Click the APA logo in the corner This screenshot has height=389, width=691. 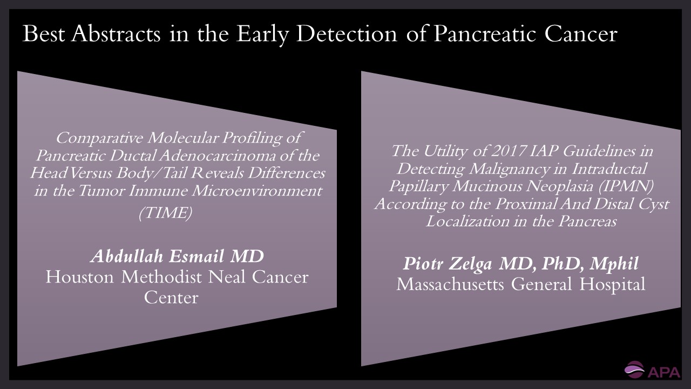652,370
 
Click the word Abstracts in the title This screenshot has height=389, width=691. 116,33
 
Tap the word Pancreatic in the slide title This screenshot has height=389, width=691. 485,33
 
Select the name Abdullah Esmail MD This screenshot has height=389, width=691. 178,256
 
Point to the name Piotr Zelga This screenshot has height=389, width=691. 448,263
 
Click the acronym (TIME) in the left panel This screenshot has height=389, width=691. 166,212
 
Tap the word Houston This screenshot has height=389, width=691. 80,277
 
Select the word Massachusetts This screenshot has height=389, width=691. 450,284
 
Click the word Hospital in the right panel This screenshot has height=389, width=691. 612,285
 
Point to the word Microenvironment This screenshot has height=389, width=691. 257,191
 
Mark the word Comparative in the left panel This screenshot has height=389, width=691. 99,138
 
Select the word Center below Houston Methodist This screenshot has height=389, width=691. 171,298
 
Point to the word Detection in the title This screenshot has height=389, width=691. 347,33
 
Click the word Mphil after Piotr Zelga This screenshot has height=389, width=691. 614,263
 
